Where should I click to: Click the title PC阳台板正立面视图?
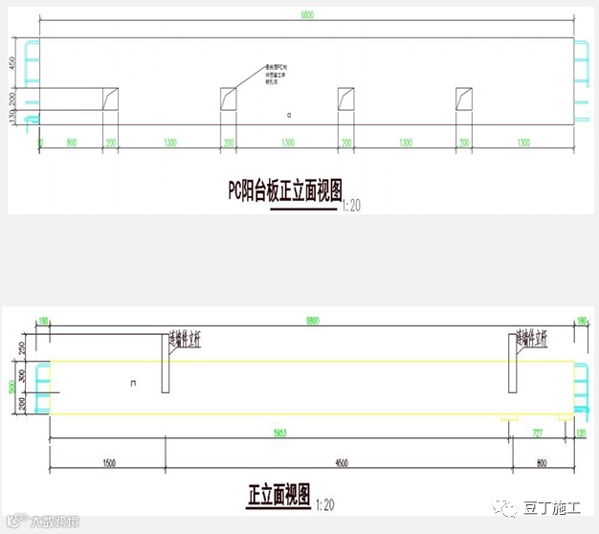pos(284,189)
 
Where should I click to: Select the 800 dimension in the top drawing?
pos(71,143)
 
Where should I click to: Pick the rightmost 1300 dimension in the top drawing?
pos(523,143)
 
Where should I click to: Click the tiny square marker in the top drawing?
pos(290,115)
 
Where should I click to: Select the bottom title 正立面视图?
pos(279,495)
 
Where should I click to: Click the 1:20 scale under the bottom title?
pos(325,502)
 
